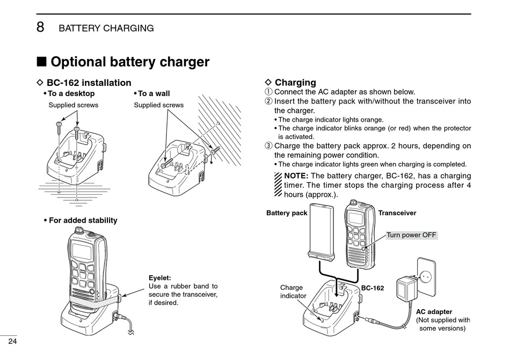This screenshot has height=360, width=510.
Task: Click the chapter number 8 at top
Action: pyautogui.click(x=40, y=27)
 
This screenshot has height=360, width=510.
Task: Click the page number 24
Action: pyautogui.click(x=13, y=342)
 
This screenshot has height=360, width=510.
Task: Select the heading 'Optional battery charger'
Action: pyautogui.click(x=129, y=62)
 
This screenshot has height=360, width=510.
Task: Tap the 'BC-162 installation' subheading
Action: pyautogui.click(x=89, y=83)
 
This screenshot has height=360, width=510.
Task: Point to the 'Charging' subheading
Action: pyautogui.click(x=295, y=83)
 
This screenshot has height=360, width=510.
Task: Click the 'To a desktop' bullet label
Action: pyautogui.click(x=71, y=94)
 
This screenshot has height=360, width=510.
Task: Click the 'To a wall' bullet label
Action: pyautogui.click(x=154, y=94)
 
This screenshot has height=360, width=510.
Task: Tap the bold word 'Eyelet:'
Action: pyautogui.click(x=160, y=277)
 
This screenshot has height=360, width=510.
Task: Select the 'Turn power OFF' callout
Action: pyautogui.click(x=412, y=235)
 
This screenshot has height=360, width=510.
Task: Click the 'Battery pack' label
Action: pyautogui.click(x=287, y=213)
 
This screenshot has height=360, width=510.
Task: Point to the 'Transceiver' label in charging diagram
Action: pyautogui.click(x=397, y=213)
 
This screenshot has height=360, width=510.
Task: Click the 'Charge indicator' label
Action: pyautogui.click(x=293, y=291)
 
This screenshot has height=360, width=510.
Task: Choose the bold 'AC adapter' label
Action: pyautogui.click(x=434, y=311)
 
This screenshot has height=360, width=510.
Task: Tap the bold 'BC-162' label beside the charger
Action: pyautogui.click(x=373, y=288)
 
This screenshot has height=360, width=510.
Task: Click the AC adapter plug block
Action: pyautogui.click(x=407, y=290)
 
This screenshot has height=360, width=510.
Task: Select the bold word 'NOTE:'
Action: pyautogui.click(x=296, y=176)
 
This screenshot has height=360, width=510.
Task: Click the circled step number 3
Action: pyautogui.click(x=269, y=146)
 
